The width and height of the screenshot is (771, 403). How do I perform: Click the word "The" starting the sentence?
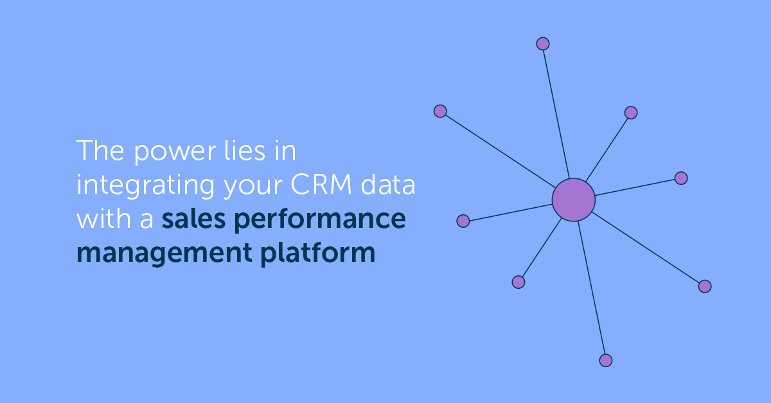point(100,150)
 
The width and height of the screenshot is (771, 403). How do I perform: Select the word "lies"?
point(245,150)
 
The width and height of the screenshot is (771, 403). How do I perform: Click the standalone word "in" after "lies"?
point(285,151)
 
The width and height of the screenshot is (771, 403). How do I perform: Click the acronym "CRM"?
point(321,184)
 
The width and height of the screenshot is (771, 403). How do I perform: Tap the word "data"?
point(388,184)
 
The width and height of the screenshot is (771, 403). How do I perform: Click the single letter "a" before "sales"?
point(146,220)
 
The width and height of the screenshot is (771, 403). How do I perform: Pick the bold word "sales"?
point(193,218)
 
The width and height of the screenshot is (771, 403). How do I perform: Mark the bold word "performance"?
point(320,221)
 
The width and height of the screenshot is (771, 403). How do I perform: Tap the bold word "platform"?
point(317,253)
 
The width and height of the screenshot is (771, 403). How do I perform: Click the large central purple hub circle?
point(573,200)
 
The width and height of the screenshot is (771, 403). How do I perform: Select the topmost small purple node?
point(543,44)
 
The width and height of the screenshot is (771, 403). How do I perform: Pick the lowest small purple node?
point(606,361)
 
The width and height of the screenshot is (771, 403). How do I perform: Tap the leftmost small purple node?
point(440,111)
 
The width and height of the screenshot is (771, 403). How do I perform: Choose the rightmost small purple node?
point(705,286)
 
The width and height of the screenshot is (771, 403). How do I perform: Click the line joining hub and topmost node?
point(556,114)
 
